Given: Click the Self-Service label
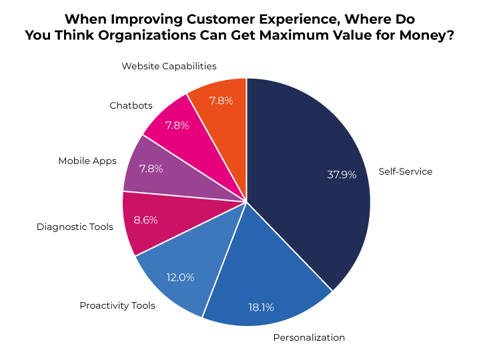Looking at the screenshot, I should pos(405,171).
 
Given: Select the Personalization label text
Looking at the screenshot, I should pos(309,337).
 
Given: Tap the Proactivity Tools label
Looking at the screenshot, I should pos(117,305).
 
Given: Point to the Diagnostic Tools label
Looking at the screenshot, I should pos(75,227).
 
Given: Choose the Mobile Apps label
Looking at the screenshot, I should pos(87,161).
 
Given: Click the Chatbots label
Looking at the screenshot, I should pos(131,105).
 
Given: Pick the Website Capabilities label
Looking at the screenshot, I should pos(169,66).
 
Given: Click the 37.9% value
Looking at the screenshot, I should pos(342,175).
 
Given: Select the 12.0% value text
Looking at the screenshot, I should pos(180,277).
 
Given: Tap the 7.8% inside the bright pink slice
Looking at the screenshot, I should pos(177,125).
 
